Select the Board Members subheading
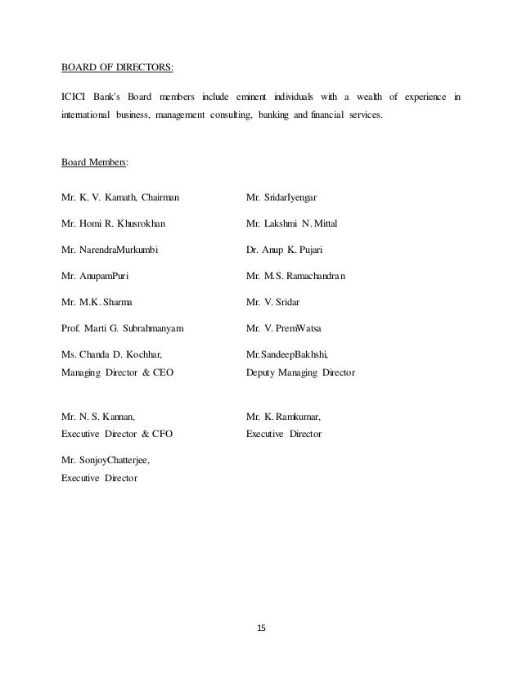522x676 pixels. [92, 162]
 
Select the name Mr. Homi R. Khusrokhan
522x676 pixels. [113, 223]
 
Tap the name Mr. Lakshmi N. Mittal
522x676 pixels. [291, 223]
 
